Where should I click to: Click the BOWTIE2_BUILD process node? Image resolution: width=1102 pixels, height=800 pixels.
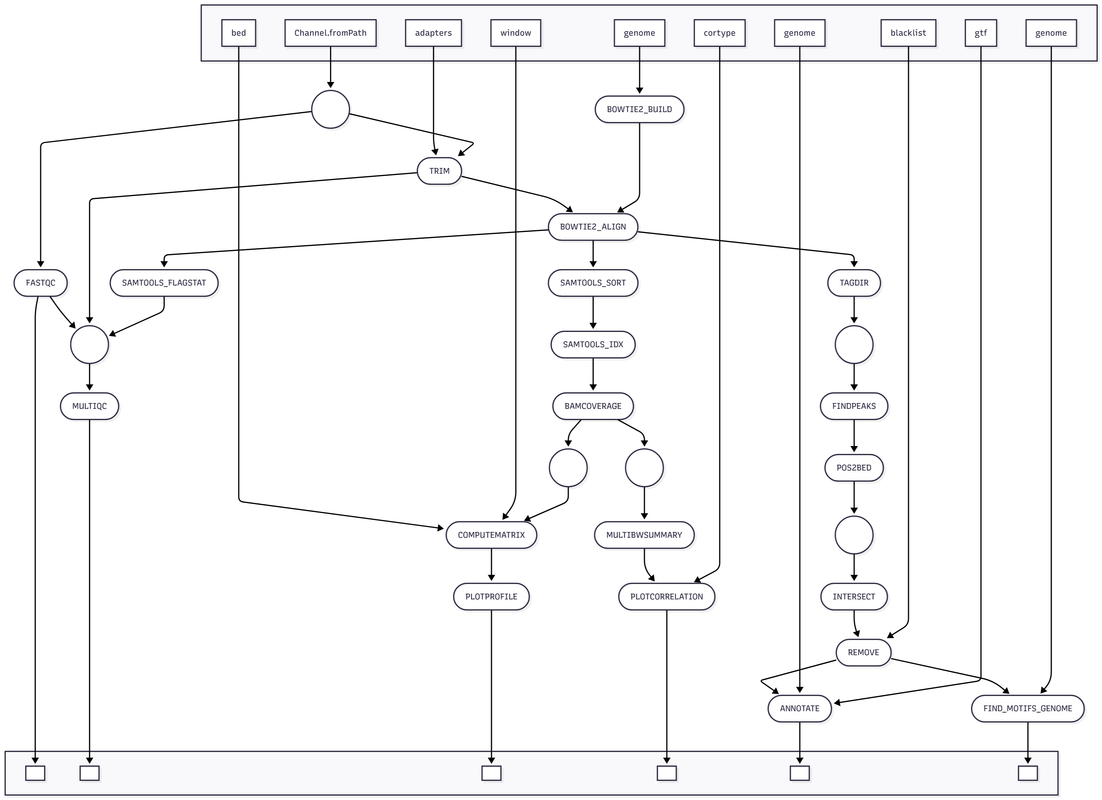pyautogui.click(x=639, y=109)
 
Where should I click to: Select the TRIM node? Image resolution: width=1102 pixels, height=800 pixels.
pyautogui.click(x=439, y=171)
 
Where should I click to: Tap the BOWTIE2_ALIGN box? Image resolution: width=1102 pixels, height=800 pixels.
pyautogui.click(x=593, y=227)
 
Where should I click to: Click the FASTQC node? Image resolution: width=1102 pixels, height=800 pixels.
pyautogui.click(x=40, y=283)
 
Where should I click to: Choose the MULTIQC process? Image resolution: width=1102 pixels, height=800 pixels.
pyautogui.click(x=89, y=406)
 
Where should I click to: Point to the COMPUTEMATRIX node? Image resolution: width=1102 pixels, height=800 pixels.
pyautogui.click(x=491, y=535)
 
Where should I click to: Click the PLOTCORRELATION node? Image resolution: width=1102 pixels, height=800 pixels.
pyautogui.click(x=666, y=596)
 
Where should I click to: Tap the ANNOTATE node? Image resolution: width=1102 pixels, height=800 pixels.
pyautogui.click(x=799, y=708)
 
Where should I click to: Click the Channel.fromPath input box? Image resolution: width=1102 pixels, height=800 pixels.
pyautogui.click(x=330, y=33)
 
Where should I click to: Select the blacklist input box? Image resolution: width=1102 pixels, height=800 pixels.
pyautogui.click(x=908, y=33)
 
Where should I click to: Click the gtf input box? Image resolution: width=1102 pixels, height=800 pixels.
pyautogui.click(x=980, y=33)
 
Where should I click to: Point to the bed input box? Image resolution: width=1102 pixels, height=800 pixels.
pyautogui.click(x=239, y=33)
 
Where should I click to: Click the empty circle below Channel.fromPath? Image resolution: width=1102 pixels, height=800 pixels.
pyautogui.click(x=330, y=109)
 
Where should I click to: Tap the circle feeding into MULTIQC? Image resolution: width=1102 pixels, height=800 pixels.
pyautogui.click(x=89, y=344)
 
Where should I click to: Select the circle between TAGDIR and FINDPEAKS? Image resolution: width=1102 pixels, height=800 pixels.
pyautogui.click(x=854, y=344)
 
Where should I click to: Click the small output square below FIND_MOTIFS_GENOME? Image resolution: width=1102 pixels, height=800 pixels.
pyautogui.click(x=1028, y=773)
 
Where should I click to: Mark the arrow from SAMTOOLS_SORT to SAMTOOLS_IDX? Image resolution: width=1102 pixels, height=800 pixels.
pyautogui.click(x=593, y=313)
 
